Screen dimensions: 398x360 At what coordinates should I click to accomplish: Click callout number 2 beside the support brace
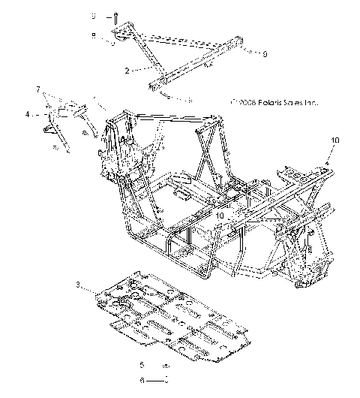(x=127, y=69)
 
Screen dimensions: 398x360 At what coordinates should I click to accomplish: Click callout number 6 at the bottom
(x=141, y=381)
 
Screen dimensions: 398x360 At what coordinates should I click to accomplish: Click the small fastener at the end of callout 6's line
(x=166, y=381)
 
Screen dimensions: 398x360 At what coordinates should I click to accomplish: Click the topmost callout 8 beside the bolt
(x=94, y=16)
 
